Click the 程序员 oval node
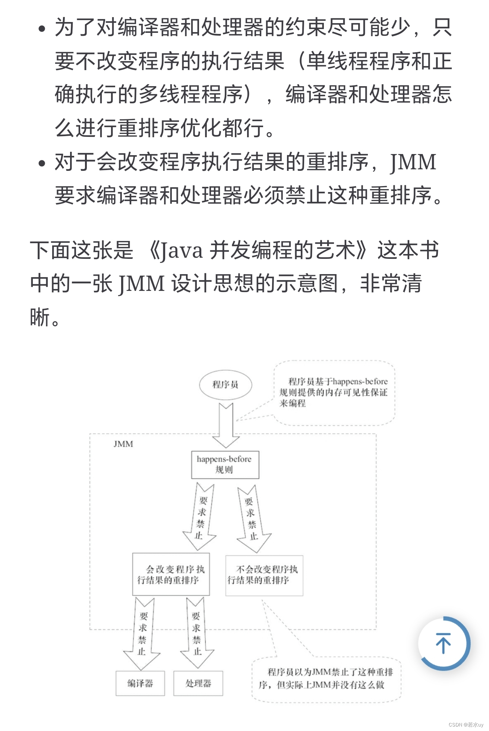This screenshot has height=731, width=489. point(225,385)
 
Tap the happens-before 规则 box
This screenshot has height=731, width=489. point(225,465)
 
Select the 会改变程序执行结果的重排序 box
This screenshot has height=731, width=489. point(171,574)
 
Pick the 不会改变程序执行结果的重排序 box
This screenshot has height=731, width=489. point(264,575)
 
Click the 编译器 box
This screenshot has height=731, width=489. point(140,683)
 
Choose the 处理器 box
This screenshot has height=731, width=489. point(198,683)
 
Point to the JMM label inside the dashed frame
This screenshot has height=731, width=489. point(123,444)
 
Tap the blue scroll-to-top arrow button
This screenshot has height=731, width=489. point(444,643)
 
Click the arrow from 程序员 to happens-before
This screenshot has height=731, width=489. point(225,426)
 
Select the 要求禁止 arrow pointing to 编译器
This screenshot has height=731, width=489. point(142,634)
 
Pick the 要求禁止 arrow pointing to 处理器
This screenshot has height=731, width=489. point(197,633)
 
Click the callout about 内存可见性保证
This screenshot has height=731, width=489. point(334,393)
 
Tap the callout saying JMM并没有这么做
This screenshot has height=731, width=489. point(326,679)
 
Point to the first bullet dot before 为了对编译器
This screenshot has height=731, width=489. point(42,29)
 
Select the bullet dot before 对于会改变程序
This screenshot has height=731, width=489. point(42,163)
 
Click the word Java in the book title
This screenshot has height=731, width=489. point(182,251)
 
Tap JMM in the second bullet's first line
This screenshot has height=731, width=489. point(413,163)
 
